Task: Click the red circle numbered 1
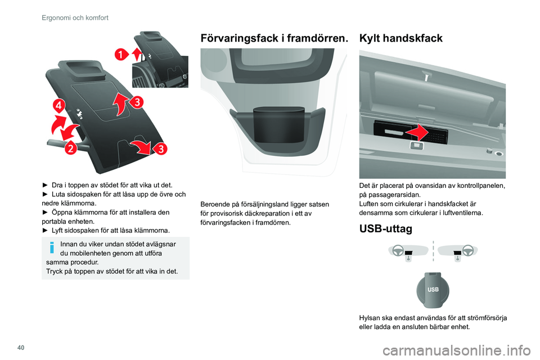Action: coord(121,55)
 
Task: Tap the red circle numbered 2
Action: coord(71,148)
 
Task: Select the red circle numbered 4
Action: coord(59,105)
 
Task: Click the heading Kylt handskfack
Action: coord(400,38)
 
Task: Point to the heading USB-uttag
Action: coord(385,228)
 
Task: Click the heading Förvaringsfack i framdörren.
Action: coord(274,38)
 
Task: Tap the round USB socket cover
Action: coord(433,290)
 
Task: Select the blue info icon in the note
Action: coord(52,247)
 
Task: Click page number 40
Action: coord(21,348)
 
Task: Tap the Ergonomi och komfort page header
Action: coord(75,17)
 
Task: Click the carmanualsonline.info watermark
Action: coord(456,351)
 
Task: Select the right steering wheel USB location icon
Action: coord(458,252)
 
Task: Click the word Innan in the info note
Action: coord(68,244)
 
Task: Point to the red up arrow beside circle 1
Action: coord(137,55)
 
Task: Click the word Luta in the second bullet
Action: coord(57,194)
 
